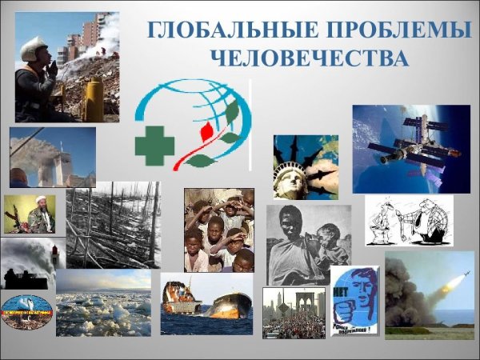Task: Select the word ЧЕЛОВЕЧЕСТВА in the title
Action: click(308, 58)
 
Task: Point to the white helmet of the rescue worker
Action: click(33, 47)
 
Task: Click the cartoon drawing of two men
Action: click(408, 220)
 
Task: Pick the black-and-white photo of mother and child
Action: click(308, 244)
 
